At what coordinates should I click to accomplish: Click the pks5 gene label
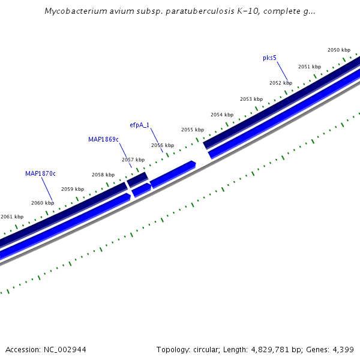pyautogui.click(x=269, y=58)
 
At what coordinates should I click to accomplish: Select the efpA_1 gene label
pyautogui.click(x=139, y=125)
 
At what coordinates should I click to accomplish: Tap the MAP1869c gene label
pyautogui.click(x=103, y=139)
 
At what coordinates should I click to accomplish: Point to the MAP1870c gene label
pyautogui.click(x=40, y=173)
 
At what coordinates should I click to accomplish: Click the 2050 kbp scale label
pyautogui.click(x=338, y=50)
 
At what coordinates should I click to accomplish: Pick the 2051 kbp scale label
pyautogui.click(x=309, y=67)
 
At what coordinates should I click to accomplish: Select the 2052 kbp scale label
pyautogui.click(x=280, y=83)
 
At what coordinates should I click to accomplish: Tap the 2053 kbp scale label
pyautogui.click(x=251, y=99)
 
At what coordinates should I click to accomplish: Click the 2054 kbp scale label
pyautogui.click(x=221, y=115)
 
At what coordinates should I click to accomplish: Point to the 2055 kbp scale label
pyautogui.click(x=192, y=130)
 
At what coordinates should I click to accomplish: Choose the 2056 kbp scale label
pyautogui.click(x=163, y=145)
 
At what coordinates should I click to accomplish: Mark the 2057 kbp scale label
pyautogui.click(x=133, y=160)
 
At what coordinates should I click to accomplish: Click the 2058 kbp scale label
pyautogui.click(x=103, y=175)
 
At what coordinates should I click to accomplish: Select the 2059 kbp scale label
pyautogui.click(x=73, y=189)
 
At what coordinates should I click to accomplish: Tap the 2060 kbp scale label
pyautogui.click(x=42, y=203)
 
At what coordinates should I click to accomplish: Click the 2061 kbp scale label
pyautogui.click(x=12, y=217)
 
